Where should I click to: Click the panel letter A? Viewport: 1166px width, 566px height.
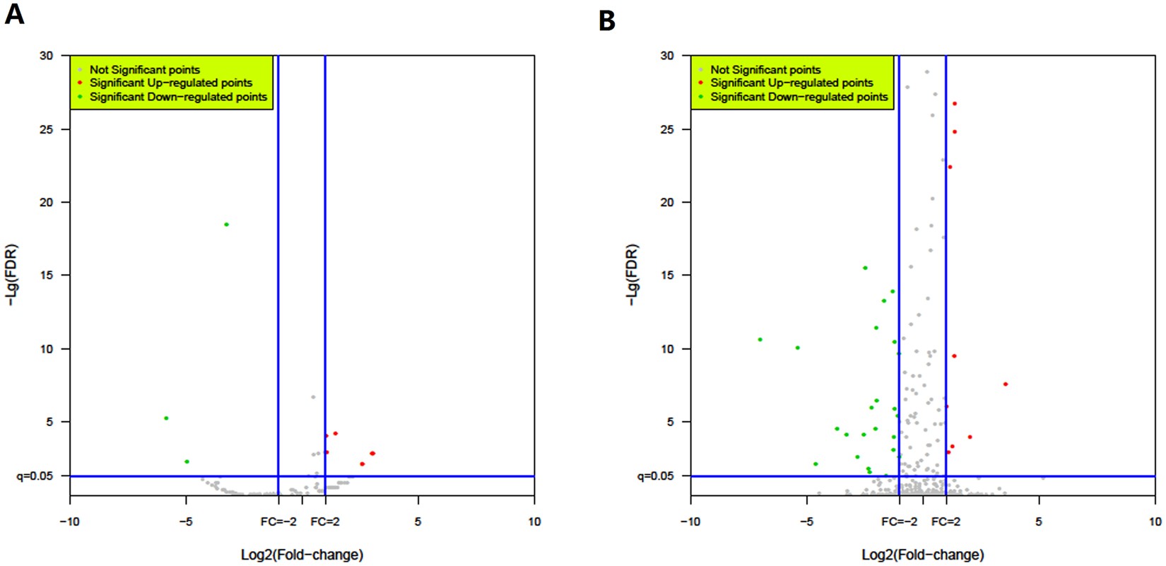pyautogui.click(x=14, y=14)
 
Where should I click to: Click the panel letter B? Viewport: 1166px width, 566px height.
pyautogui.click(x=606, y=20)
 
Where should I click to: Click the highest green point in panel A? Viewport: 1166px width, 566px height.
pyautogui.click(x=226, y=225)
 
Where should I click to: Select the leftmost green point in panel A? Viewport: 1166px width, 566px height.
pyautogui.click(x=166, y=418)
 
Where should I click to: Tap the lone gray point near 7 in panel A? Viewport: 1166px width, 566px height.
pyautogui.click(x=313, y=397)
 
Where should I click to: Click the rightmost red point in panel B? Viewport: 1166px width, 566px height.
pyautogui.click(x=1005, y=384)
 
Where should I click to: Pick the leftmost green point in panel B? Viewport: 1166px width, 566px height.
pyautogui.click(x=760, y=340)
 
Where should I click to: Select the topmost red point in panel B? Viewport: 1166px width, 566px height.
pyautogui.click(x=954, y=104)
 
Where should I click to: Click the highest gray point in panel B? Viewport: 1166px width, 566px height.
pyautogui.click(x=927, y=72)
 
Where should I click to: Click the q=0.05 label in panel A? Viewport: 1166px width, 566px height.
pyautogui.click(x=35, y=476)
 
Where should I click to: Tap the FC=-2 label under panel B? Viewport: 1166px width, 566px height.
pyautogui.click(x=899, y=521)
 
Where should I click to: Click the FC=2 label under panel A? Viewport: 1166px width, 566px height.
pyautogui.click(x=325, y=521)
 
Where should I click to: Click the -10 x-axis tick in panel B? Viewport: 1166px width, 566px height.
pyautogui.click(x=690, y=521)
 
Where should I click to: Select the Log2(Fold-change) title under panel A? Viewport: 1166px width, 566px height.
pyautogui.click(x=302, y=555)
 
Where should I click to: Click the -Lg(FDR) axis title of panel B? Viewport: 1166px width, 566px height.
pyautogui.click(x=632, y=275)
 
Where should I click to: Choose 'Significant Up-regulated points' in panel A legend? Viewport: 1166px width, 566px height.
pyautogui.click(x=170, y=83)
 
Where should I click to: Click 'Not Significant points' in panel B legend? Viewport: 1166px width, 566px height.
pyautogui.click(x=765, y=69)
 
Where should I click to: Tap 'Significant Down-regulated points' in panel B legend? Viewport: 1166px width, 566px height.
pyautogui.click(x=799, y=97)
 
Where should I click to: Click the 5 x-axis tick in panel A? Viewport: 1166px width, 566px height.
pyautogui.click(x=418, y=521)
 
